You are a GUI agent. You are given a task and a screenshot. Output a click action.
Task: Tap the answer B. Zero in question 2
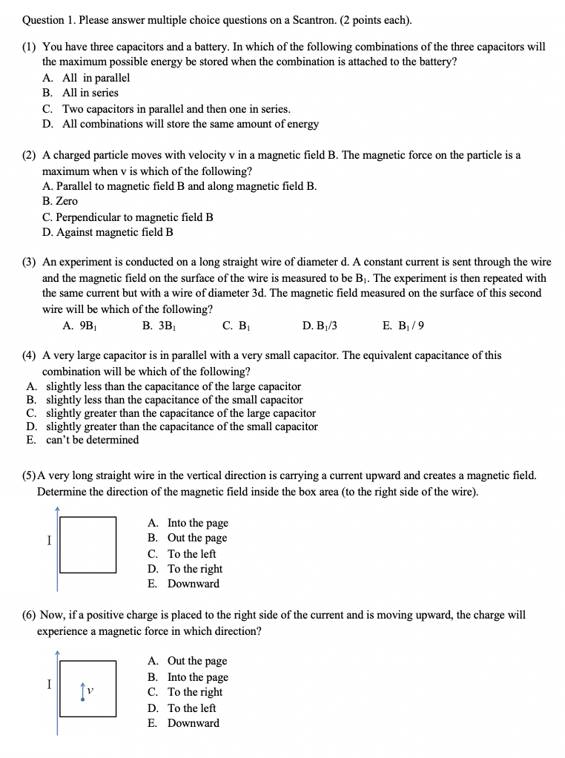pos(60,201)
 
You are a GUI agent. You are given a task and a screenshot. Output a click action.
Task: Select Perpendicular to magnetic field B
pos(134,217)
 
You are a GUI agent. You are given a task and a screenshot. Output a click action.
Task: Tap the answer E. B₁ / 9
pos(403,326)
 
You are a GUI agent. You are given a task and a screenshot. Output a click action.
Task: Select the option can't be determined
pos(92,440)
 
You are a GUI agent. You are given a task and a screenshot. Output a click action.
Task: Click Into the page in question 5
pos(197,523)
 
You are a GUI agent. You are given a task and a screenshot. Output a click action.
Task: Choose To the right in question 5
pos(194,569)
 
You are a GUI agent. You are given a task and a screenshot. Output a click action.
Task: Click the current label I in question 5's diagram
pos(49,540)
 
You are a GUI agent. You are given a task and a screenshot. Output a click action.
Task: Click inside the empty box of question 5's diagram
pos(87,545)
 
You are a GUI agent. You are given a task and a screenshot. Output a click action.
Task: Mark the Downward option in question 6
pos(193,723)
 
